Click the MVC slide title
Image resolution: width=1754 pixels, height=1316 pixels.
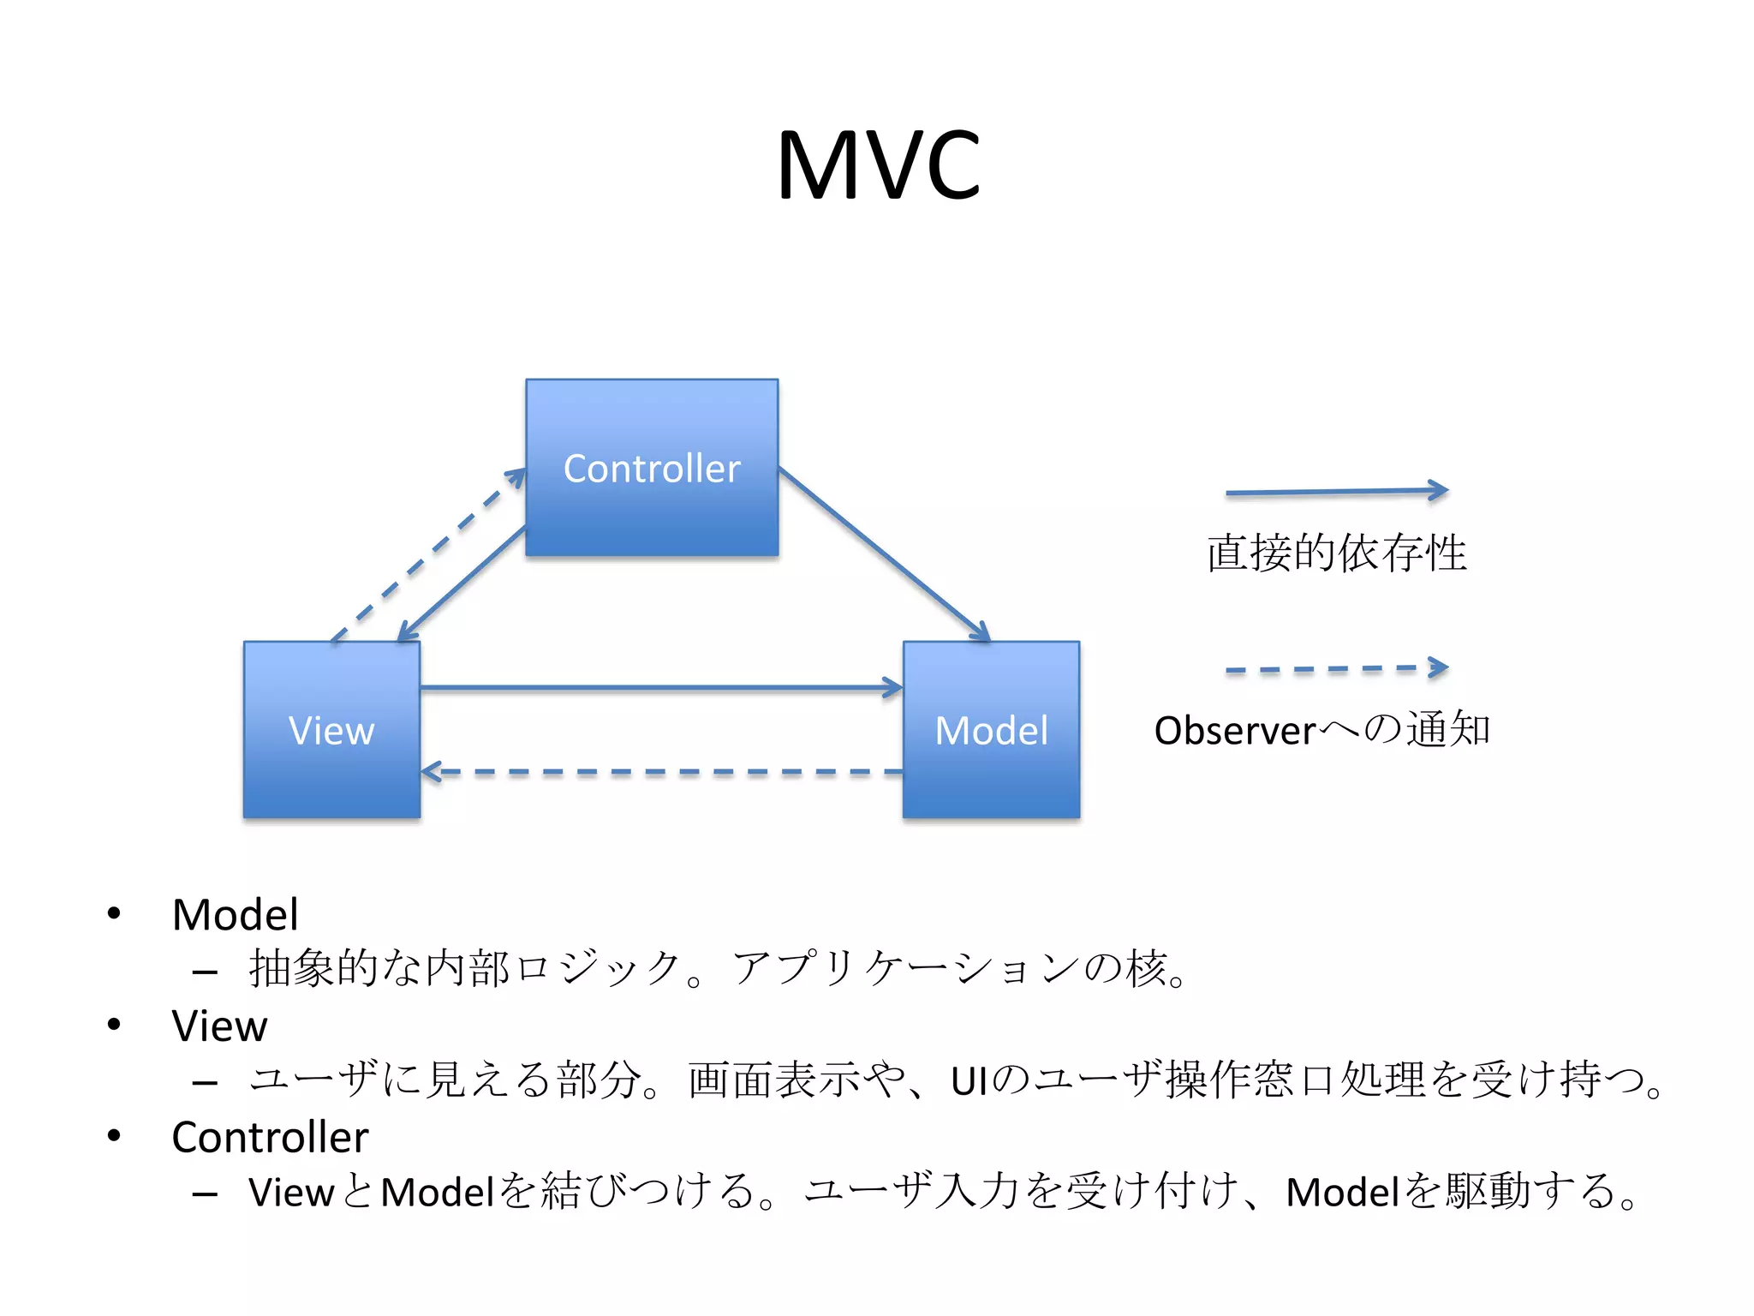pyautogui.click(x=878, y=164)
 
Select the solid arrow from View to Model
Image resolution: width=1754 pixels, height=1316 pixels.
pyautogui.click(x=659, y=687)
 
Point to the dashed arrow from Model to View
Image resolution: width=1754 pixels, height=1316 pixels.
pyautogui.click(x=659, y=772)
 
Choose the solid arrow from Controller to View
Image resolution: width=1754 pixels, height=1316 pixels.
pyautogui.click(x=462, y=583)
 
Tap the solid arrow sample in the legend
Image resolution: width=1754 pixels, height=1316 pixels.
pyautogui.click(x=1336, y=492)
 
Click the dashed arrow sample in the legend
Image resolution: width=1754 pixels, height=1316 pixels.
pyautogui.click(x=1336, y=668)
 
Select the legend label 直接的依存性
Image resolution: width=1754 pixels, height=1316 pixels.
pyautogui.click(x=1336, y=553)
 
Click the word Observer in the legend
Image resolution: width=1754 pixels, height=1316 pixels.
pyautogui.click(x=1234, y=731)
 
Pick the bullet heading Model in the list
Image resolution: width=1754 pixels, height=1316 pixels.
pyautogui.click(x=235, y=914)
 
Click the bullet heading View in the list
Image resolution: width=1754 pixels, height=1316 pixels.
pyautogui.click(x=219, y=1026)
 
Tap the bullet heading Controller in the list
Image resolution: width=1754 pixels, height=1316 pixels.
pyautogui.click(x=270, y=1137)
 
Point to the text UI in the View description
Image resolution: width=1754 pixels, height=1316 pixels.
pyautogui.click(x=969, y=1080)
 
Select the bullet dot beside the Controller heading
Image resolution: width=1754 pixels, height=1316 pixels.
pyautogui.click(x=114, y=1135)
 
